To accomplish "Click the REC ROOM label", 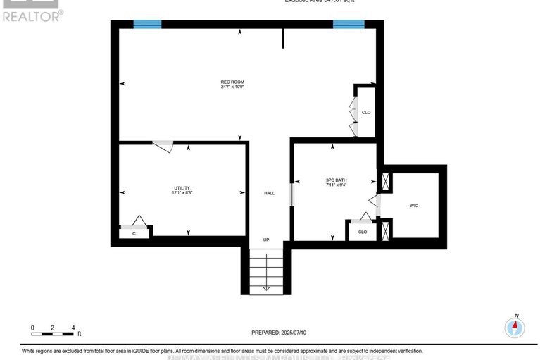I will click(x=232, y=82).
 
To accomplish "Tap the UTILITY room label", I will click(x=182, y=188).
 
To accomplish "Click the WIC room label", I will click(x=414, y=205).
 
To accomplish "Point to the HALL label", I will click(x=269, y=193).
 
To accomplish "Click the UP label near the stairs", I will click(x=266, y=240).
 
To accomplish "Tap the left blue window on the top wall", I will click(x=147, y=24).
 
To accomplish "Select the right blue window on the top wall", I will click(x=348, y=24).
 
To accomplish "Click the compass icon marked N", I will click(x=515, y=328).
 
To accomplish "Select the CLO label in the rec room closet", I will click(x=365, y=113).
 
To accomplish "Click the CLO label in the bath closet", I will click(x=363, y=231).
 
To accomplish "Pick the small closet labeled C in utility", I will click(x=133, y=233).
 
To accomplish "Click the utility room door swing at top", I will click(x=163, y=146).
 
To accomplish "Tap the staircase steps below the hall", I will click(x=266, y=271).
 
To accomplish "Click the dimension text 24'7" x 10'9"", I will click(x=232, y=87).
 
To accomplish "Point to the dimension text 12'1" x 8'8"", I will click(x=182, y=194).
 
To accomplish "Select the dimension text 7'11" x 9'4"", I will click(x=335, y=185).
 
